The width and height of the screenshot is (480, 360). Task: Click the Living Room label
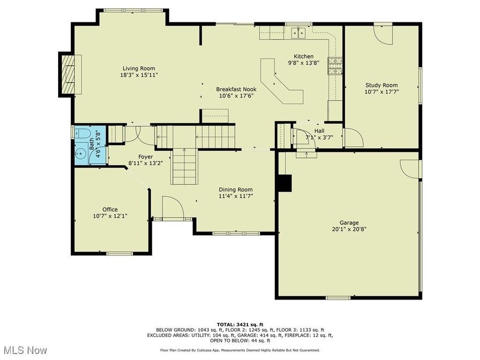coord(139,68)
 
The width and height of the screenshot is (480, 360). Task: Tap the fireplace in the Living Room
coord(67,74)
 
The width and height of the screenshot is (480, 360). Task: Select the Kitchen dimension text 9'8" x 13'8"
coord(303,63)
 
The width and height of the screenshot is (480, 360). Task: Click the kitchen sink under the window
coord(298,33)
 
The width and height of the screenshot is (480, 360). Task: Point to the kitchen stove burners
coord(334,64)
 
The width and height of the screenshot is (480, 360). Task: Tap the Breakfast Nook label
coord(236,89)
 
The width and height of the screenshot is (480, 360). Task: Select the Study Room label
coord(381,85)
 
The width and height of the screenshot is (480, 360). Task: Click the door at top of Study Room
coord(383,33)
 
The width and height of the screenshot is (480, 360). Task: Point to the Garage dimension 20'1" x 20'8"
coord(349,230)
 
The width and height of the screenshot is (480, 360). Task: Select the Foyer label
coord(146,157)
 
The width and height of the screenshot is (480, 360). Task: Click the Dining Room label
coord(236,189)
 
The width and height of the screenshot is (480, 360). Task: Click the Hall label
coord(319,131)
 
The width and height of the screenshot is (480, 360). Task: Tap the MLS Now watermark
coord(25,350)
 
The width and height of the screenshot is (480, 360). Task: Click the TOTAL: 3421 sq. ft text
coord(239,324)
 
